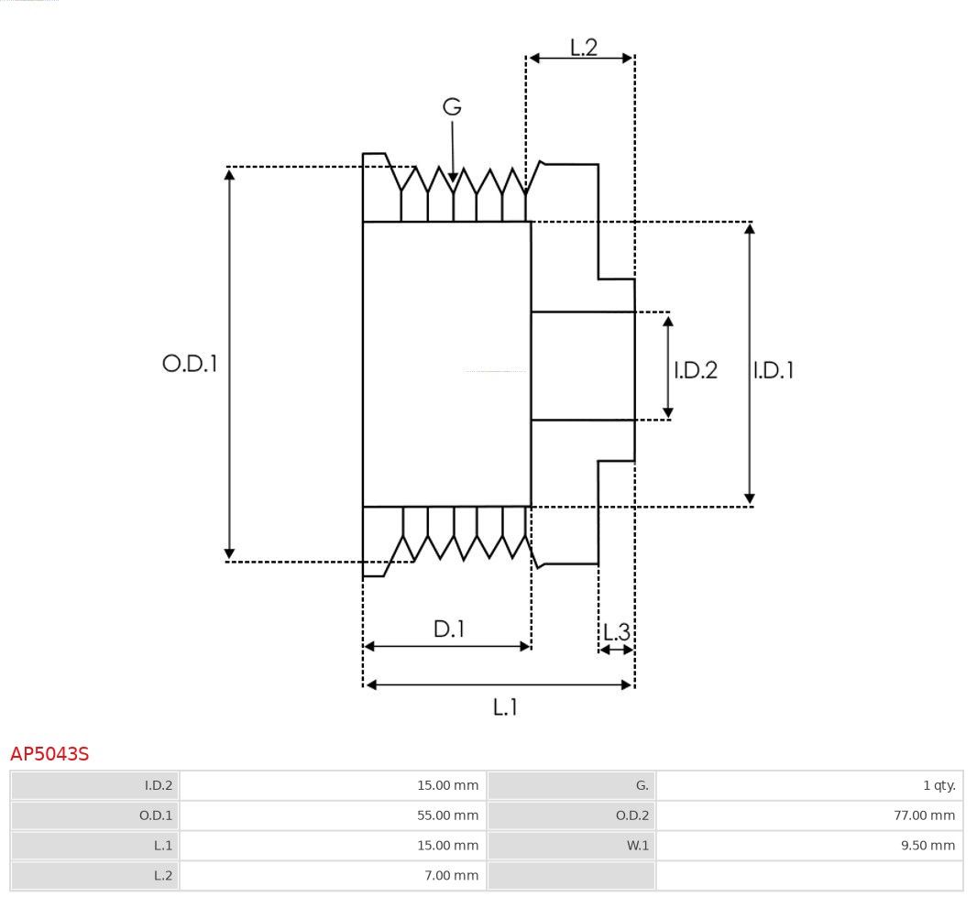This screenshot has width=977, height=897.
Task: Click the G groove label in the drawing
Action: [452, 106]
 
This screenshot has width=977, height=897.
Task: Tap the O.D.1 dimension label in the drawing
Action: [190, 363]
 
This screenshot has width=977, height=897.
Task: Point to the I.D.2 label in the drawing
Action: [696, 370]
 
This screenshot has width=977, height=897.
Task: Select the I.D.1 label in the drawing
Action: [774, 370]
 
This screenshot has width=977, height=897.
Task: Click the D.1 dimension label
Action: [449, 629]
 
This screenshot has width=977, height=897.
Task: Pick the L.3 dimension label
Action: [617, 632]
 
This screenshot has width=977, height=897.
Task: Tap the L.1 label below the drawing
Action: [505, 707]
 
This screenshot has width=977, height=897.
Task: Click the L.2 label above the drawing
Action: [584, 48]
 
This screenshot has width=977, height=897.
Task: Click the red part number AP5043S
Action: [49, 754]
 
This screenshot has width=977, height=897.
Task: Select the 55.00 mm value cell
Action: [448, 815]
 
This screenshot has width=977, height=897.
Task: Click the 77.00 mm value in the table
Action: [924, 815]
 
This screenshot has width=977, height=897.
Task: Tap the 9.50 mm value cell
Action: [928, 846]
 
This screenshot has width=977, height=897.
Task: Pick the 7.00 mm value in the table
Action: [452, 875]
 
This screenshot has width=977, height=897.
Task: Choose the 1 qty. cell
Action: [939, 785]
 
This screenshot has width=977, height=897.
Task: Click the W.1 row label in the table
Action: [637, 846]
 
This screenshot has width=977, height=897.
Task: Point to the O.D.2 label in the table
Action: [632, 815]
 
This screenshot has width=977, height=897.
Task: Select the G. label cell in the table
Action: [642, 785]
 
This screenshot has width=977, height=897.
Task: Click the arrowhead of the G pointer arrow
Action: [453, 178]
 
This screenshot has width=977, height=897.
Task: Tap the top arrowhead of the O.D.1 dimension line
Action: [229, 174]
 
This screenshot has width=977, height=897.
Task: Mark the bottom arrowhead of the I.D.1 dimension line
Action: [750, 499]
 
